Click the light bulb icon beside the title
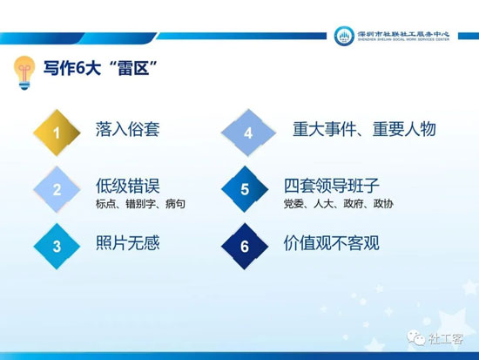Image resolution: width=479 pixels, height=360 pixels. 24,73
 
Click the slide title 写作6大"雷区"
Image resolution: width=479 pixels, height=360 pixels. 101,68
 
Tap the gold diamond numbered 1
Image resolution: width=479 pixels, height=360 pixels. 57,133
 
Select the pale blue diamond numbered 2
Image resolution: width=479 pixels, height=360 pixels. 57,190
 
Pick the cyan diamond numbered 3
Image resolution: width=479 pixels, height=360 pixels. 57,246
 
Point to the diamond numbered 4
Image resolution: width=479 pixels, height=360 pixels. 248,133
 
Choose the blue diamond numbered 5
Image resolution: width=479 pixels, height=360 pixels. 245,189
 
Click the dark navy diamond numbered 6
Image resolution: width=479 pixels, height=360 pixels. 245,246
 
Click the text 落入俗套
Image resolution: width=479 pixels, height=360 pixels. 128,129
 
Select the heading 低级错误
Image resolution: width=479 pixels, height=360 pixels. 128,186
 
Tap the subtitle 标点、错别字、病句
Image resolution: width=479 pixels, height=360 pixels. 140,204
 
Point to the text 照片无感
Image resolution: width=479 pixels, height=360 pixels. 128,243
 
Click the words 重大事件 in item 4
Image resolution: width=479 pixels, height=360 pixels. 324,129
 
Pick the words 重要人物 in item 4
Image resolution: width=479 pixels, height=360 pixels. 404,129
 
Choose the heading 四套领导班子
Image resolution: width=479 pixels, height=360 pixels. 332,186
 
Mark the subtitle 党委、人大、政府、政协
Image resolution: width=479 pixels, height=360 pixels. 339,204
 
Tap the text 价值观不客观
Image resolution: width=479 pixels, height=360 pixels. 332,243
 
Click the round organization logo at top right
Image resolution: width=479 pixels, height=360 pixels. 344,36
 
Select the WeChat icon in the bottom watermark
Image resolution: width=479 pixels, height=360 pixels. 416,337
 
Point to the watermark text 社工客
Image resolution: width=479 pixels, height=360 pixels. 446,338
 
